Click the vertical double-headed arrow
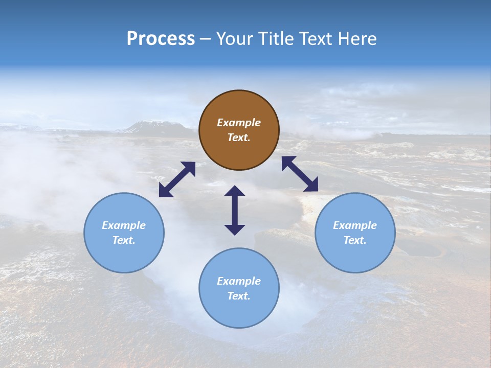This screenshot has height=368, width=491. coord(235,210)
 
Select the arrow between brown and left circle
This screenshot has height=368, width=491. coord(177,179)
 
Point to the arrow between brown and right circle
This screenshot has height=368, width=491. coord(300,174)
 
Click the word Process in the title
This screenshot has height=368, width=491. coord(161,39)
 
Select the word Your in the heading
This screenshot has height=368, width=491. coord(235,39)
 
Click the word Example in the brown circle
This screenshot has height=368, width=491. coord(239,123)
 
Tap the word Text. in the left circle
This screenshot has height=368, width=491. coord(124,240)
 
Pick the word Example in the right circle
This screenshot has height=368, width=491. coord(355,225)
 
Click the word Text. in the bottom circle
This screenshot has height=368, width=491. coord(239,296)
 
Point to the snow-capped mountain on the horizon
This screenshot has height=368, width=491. coord(153,126)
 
